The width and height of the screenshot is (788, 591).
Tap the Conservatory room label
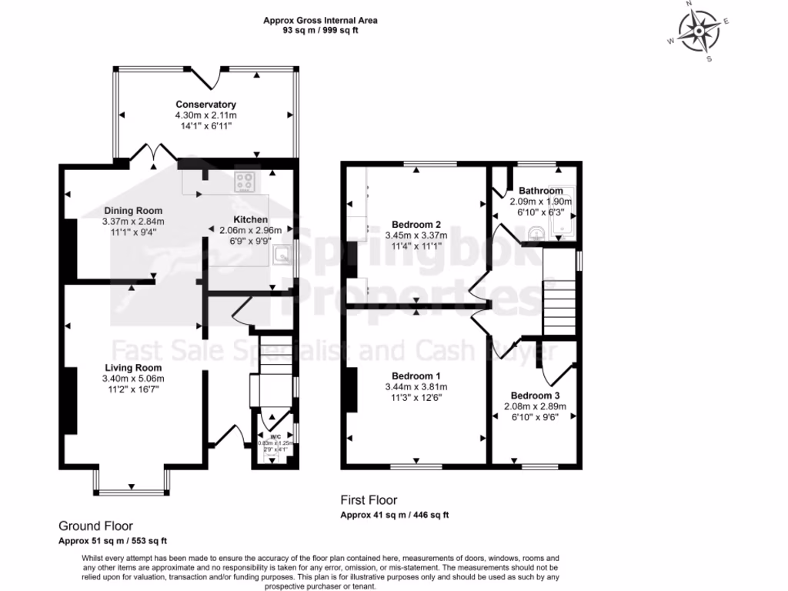coord(205,105)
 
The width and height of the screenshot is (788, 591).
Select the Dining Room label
coord(133,211)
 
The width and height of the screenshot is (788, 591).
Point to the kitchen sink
coord(284,255)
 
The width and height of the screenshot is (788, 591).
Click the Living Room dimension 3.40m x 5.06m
coord(133,379)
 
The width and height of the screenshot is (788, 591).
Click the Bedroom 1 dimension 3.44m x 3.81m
coord(416,387)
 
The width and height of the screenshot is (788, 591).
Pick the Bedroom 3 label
coord(532,396)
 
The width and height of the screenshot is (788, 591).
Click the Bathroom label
coord(540,191)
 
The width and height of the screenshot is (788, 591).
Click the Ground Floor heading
coord(95,526)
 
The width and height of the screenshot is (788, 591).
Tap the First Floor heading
coord(369,500)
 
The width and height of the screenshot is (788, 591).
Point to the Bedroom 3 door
coord(551,365)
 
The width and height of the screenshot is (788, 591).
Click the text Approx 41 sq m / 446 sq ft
coord(395,515)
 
